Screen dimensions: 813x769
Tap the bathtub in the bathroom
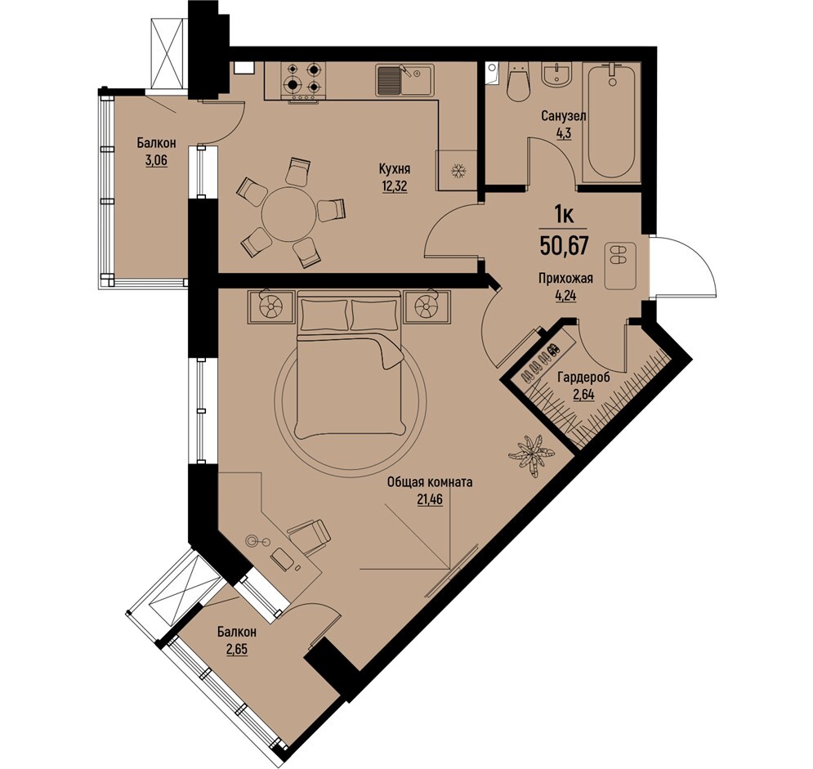[612, 123]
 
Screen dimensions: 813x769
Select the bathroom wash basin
[558, 74]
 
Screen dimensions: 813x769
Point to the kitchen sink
[405, 80]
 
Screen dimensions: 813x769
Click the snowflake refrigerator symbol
[458, 171]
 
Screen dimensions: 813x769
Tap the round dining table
[288, 213]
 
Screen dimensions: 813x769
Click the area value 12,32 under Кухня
[395, 186]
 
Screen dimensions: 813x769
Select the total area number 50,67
[564, 244]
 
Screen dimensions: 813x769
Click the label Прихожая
[565, 279]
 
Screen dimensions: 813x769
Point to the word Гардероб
[583, 378]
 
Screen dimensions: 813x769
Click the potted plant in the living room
[531, 454]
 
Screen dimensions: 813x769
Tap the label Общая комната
[430, 483]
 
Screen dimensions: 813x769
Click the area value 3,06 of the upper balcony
[157, 160]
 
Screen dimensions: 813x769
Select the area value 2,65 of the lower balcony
[237, 651]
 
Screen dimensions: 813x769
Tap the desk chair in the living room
[309, 536]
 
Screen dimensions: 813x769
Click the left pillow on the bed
[324, 314]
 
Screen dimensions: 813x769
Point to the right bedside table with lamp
[427, 307]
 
